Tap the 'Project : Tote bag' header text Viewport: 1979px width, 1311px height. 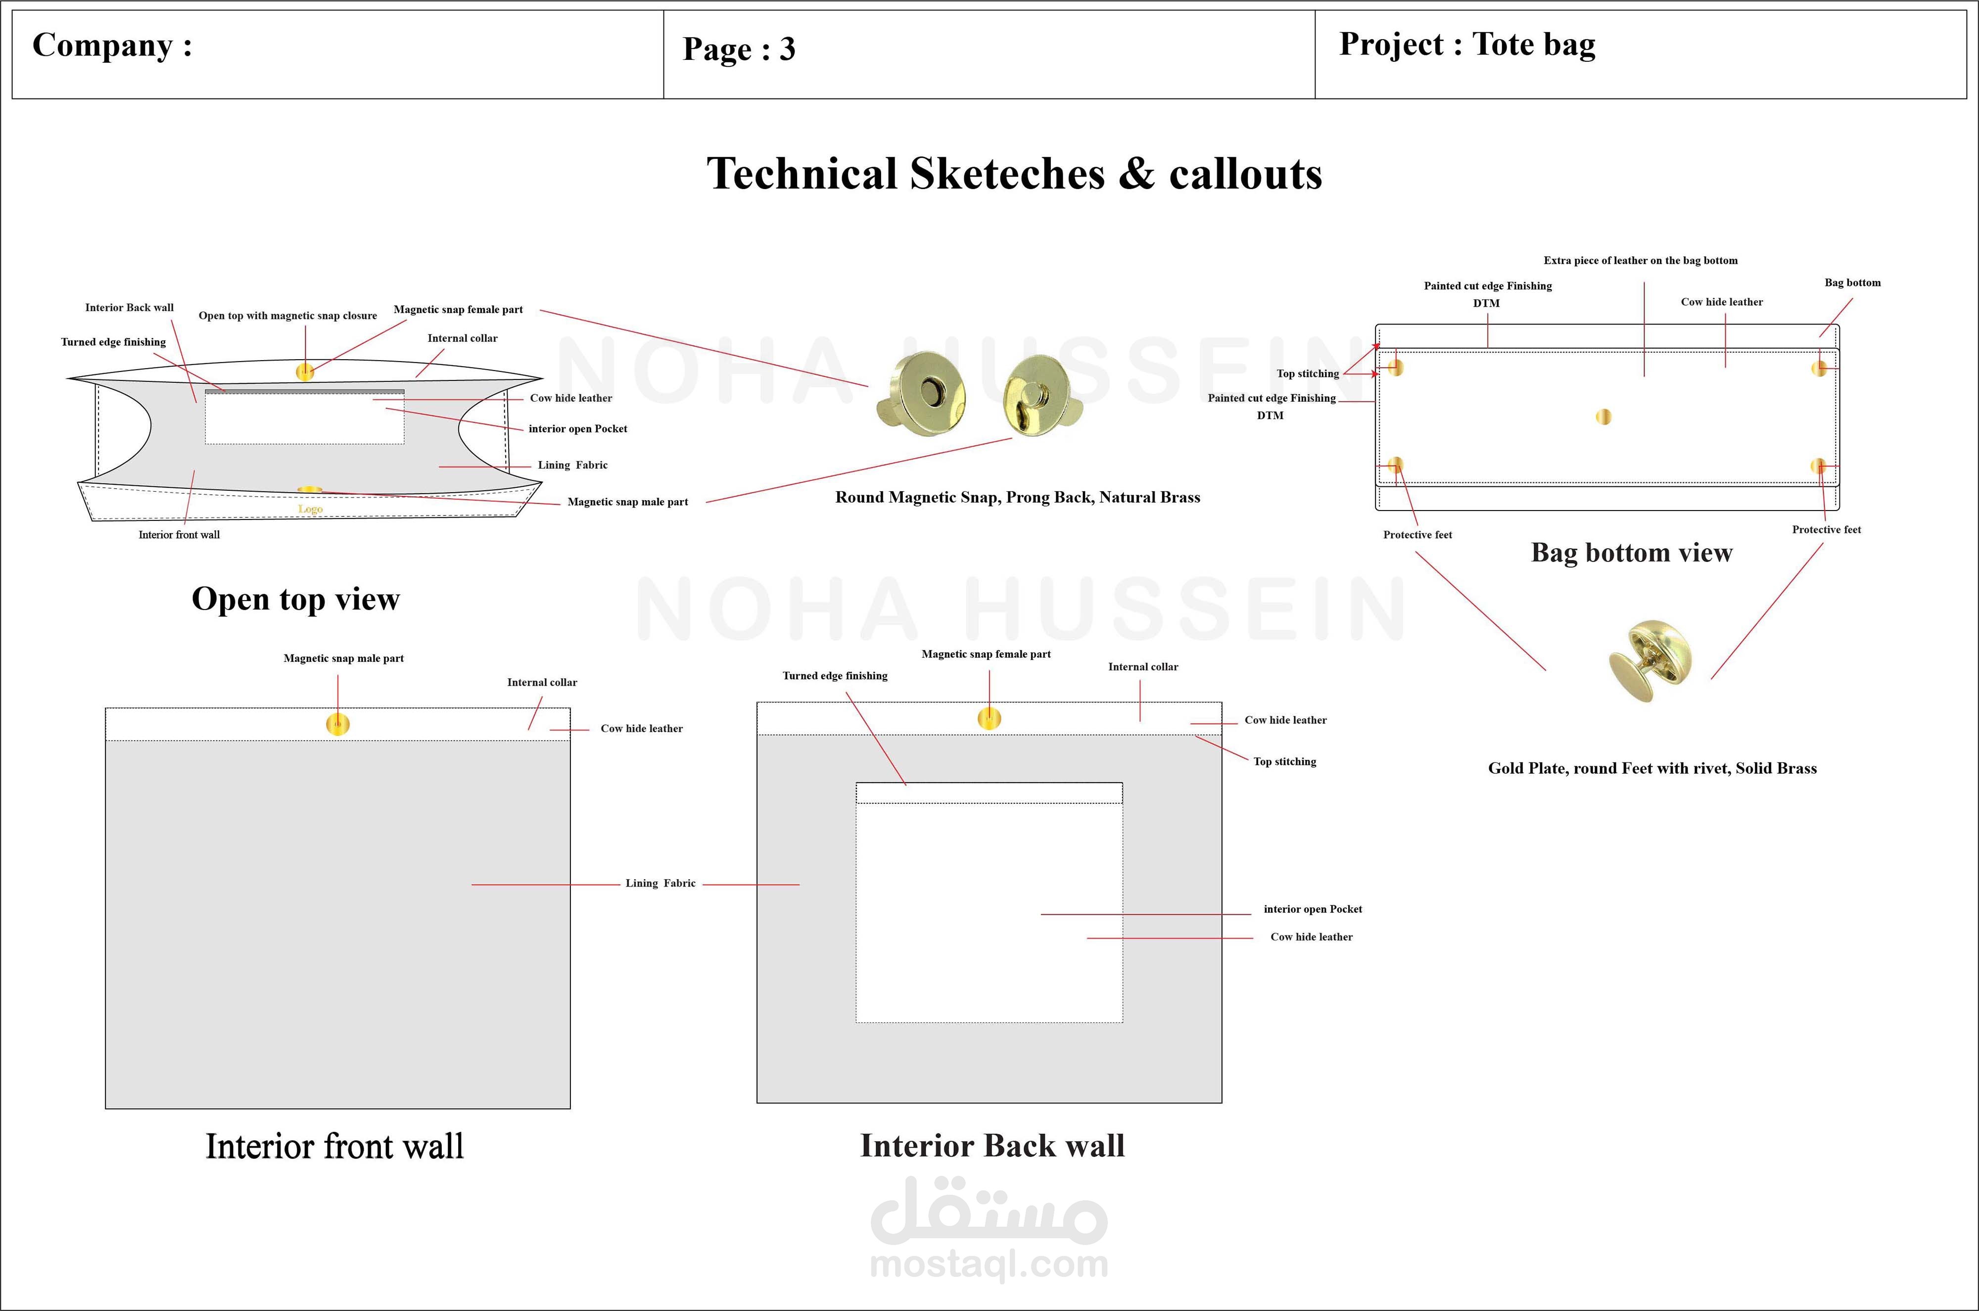point(1466,45)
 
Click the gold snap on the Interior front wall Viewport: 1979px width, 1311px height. point(338,724)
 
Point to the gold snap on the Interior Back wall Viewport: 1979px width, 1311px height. point(989,718)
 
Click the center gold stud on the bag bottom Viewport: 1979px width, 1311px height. point(1603,417)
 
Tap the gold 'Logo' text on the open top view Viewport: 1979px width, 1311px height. point(310,509)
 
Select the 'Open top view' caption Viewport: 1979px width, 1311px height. point(295,599)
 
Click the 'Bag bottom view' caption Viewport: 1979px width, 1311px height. point(1631,553)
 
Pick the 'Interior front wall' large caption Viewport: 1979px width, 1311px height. point(334,1146)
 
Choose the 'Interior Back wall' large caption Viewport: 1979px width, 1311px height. point(992,1145)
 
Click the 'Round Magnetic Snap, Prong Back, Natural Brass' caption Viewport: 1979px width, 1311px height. point(1018,498)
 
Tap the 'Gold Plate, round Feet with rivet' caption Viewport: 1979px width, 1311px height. point(1652,768)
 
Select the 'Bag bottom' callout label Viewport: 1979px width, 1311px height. point(1852,282)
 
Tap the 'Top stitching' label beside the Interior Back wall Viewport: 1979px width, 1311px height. point(1284,762)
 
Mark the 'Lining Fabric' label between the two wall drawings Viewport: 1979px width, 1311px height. point(660,883)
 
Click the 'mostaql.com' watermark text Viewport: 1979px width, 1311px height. point(989,1264)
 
